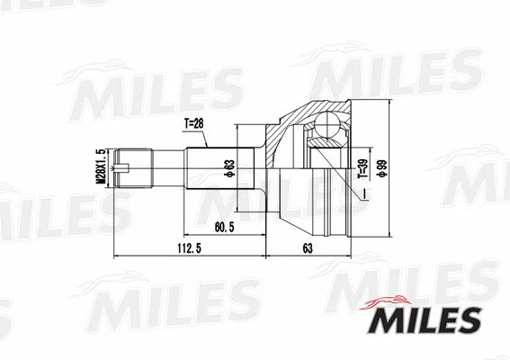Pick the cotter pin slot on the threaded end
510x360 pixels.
[x=128, y=166]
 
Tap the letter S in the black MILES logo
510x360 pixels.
[x=469, y=319]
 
